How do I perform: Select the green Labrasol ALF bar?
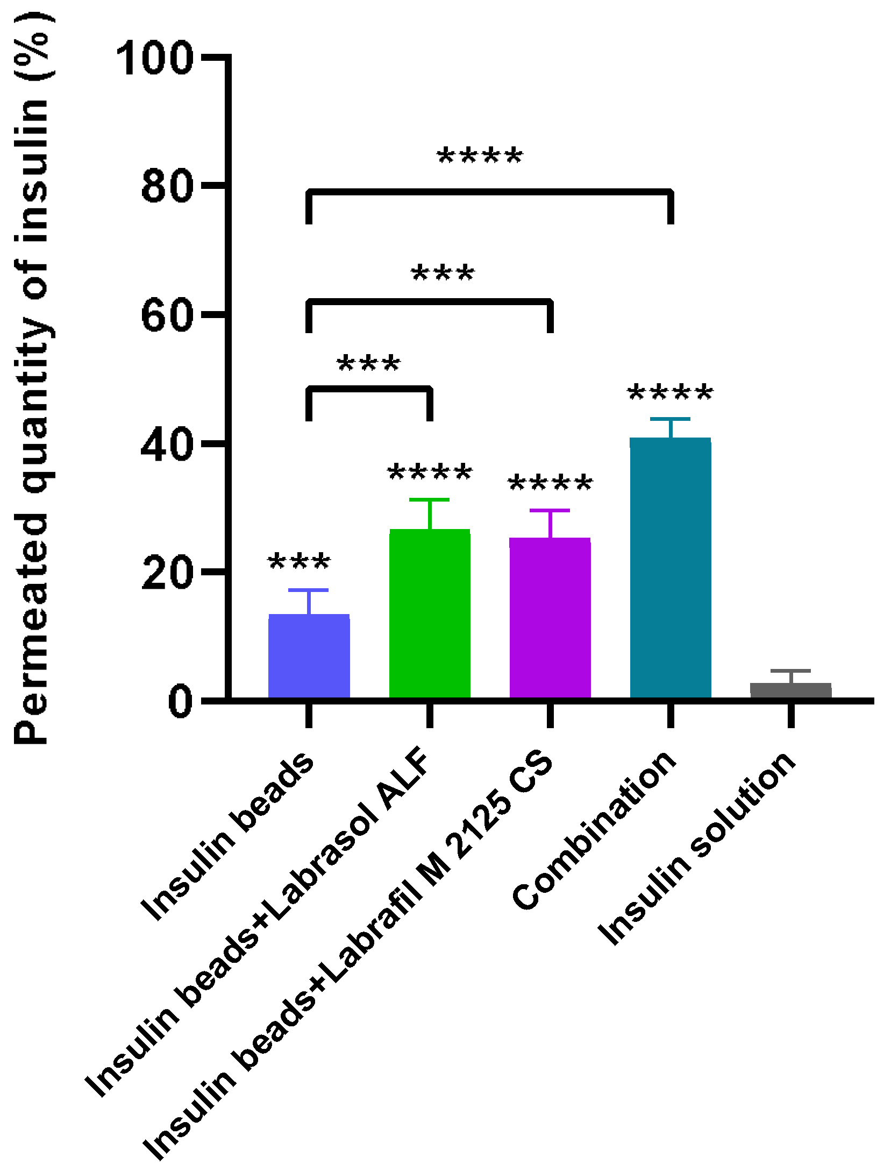(x=430, y=614)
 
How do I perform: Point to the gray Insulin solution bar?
(x=790, y=690)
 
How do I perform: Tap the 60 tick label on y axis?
(x=167, y=315)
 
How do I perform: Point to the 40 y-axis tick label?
(x=167, y=445)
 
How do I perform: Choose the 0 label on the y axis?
(x=180, y=701)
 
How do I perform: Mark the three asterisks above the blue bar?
(x=300, y=562)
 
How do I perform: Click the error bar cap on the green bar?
(x=429, y=500)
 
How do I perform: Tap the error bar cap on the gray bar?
(x=790, y=671)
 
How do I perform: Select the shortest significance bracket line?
(x=369, y=389)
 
